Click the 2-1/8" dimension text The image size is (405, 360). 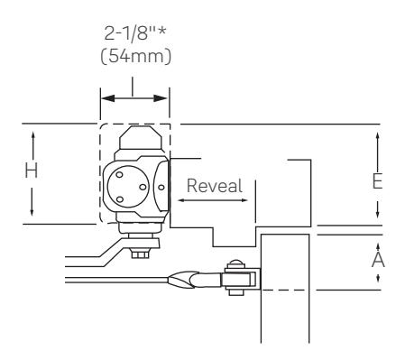135,32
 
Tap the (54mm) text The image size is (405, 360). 136,56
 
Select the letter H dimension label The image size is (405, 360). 32,171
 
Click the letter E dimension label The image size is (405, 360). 377,181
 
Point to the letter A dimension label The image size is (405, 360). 378,260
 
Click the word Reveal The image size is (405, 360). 215,186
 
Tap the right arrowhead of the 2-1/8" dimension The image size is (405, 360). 160,98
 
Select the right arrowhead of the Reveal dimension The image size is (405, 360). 244,200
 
